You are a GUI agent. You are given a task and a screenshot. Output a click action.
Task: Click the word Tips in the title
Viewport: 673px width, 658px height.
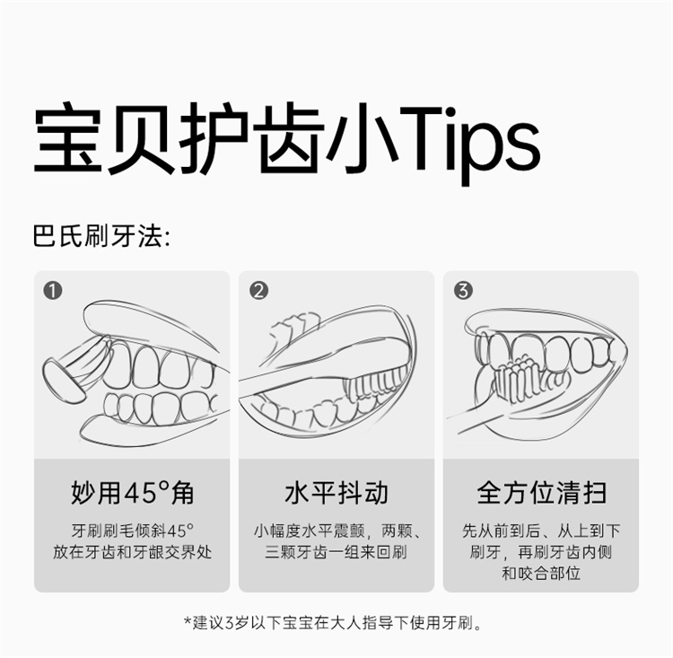[x=469, y=139]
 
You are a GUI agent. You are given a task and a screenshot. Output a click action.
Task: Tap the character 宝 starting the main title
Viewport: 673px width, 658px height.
[x=68, y=138]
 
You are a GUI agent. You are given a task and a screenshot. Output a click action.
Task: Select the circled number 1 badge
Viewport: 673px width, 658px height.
[x=53, y=291]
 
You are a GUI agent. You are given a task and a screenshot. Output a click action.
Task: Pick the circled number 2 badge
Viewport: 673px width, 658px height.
[x=258, y=291]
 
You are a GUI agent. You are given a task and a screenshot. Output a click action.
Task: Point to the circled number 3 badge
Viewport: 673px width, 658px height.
[x=463, y=291]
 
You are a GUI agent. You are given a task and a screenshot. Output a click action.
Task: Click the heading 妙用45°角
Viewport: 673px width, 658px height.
[x=132, y=493]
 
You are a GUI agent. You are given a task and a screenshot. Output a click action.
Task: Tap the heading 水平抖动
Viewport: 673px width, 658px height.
[x=336, y=493]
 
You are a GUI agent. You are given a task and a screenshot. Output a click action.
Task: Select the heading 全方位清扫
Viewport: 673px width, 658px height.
[x=541, y=493]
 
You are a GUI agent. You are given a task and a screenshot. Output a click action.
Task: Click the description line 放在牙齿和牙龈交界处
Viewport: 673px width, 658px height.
[x=132, y=552]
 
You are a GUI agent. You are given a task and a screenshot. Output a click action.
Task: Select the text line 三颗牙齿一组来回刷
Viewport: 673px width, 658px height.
[x=336, y=552]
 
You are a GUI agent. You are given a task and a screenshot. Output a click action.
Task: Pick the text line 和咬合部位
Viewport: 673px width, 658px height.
[x=541, y=573]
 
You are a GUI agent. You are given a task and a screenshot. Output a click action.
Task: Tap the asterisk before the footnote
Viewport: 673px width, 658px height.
[x=188, y=620]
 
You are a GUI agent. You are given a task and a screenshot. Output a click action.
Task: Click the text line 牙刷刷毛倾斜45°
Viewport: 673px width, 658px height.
[x=132, y=531]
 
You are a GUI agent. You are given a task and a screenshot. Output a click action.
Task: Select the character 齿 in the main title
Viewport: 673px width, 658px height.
[x=288, y=138]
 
